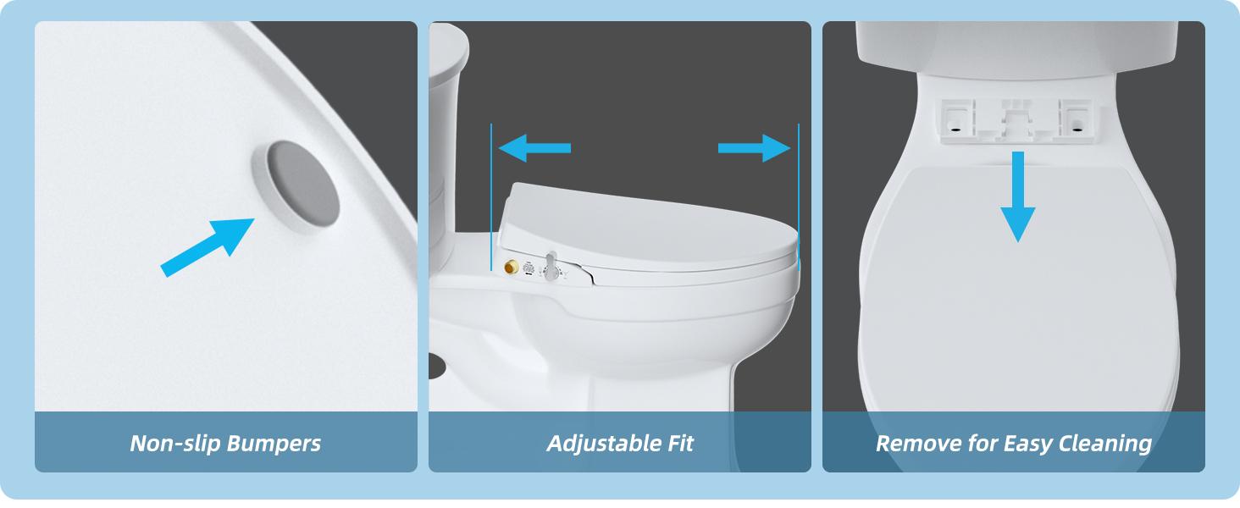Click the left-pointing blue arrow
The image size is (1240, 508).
tap(534, 148)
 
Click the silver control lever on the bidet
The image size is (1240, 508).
tap(552, 266)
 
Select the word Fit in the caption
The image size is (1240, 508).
tap(679, 443)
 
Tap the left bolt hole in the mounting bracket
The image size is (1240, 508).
tap(955, 130)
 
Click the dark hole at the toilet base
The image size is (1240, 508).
tap(439, 365)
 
